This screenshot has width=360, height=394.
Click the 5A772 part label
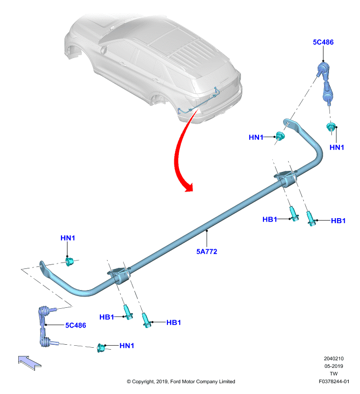(x=206, y=251)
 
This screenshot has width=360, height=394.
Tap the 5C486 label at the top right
(x=323, y=42)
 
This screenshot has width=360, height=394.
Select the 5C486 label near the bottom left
(x=76, y=325)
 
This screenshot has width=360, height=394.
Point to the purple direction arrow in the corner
(x=30, y=363)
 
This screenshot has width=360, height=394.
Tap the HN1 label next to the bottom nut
(x=127, y=346)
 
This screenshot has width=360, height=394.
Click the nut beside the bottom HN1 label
(x=101, y=348)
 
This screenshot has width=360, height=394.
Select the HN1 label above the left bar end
(x=67, y=238)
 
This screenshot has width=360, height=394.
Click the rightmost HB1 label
(x=338, y=221)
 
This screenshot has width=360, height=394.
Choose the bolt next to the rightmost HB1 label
(x=311, y=219)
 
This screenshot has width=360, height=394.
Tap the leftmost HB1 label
(x=107, y=317)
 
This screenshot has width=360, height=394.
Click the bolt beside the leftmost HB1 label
(x=128, y=312)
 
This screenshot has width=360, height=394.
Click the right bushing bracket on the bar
(x=286, y=178)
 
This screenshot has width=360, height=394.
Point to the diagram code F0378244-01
(x=334, y=381)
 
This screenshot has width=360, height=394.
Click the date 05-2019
(x=333, y=366)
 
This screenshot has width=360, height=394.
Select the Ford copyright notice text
(x=181, y=381)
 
